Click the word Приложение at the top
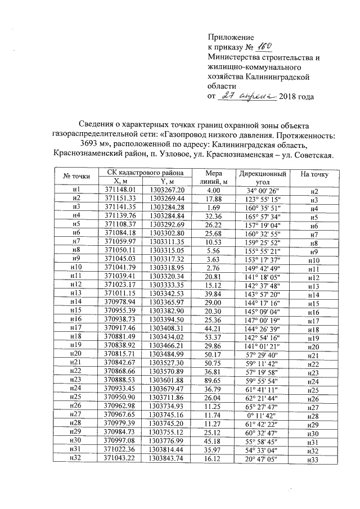point(231,37)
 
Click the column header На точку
point(314,174)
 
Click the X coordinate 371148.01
point(117,191)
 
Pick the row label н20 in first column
point(76,348)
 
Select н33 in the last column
point(314,461)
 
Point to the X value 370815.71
point(117,348)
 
